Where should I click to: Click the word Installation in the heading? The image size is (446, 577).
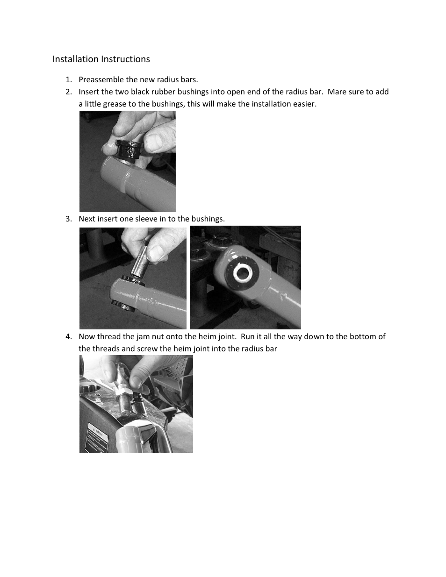[x=75, y=59]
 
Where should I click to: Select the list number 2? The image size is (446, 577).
[x=69, y=92]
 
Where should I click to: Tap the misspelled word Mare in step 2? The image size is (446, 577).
[x=336, y=92]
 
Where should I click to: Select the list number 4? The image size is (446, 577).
[x=69, y=336]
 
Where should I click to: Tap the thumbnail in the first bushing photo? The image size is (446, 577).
[x=155, y=142]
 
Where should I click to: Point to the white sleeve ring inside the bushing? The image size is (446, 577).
[x=243, y=273]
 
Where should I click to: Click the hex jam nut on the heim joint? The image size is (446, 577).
[x=123, y=392]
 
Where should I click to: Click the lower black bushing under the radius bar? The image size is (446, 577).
[x=124, y=306]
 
